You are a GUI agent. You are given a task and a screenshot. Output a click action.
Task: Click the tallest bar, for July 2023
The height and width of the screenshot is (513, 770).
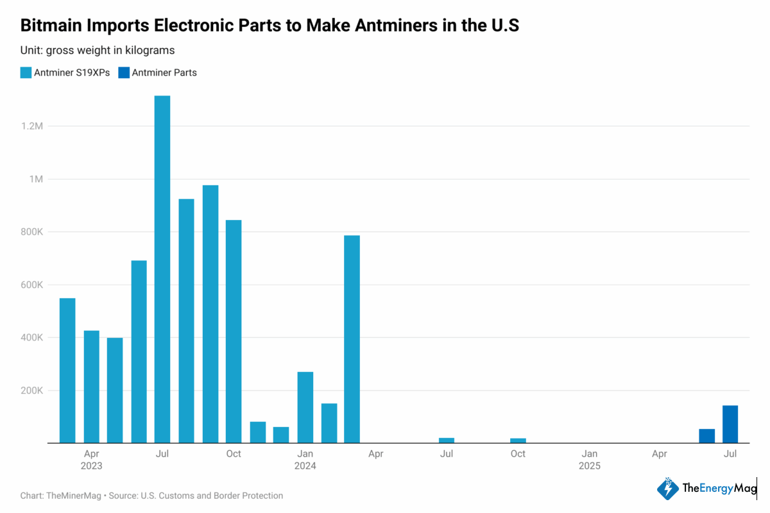(162, 269)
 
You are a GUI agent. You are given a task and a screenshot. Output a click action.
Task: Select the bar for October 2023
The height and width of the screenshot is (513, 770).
(234, 332)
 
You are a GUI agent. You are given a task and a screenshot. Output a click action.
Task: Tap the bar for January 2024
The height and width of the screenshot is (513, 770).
(305, 407)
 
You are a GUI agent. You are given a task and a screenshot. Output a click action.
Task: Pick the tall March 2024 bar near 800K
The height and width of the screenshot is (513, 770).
(352, 339)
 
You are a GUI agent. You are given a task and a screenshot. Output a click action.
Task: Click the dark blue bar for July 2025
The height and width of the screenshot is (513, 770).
(730, 424)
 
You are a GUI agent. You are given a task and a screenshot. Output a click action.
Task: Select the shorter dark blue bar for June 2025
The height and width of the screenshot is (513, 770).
(706, 436)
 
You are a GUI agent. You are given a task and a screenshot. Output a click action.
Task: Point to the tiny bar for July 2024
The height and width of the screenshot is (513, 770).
(447, 440)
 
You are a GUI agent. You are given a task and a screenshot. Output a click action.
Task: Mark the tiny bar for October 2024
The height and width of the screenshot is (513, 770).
(518, 440)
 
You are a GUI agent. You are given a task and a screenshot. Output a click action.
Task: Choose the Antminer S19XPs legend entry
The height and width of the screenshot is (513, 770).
(65, 72)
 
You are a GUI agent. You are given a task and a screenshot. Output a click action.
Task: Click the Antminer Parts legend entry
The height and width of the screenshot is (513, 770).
(158, 72)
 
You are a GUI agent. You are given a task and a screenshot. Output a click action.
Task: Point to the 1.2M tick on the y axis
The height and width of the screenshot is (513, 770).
(31, 126)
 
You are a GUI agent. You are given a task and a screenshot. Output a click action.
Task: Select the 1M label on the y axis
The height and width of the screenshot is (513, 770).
(36, 179)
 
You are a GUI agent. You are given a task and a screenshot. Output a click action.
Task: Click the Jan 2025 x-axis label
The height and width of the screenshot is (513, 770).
(589, 459)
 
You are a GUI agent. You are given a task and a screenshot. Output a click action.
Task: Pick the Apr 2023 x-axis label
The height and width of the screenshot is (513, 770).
(91, 459)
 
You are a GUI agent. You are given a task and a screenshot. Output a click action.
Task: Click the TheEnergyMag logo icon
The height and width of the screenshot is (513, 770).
(667, 489)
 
